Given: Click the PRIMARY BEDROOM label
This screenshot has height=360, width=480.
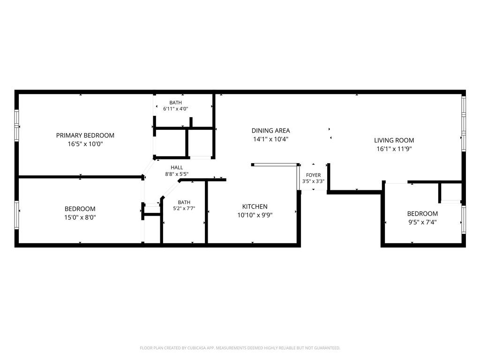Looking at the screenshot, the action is [x=85, y=135].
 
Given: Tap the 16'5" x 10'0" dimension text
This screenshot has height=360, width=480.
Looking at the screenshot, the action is [x=85, y=144].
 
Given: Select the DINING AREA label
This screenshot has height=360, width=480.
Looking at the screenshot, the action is [x=270, y=130].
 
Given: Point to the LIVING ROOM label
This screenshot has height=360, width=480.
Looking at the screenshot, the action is [x=394, y=140].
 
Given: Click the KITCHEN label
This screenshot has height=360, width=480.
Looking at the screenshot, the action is [x=255, y=207].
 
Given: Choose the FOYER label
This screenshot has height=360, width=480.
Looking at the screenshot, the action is [x=314, y=175].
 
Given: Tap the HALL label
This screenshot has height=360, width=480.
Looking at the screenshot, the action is [x=177, y=167].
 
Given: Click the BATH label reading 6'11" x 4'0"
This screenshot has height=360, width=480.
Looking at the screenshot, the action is [x=175, y=103].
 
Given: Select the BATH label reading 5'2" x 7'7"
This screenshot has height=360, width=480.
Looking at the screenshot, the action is [x=184, y=202].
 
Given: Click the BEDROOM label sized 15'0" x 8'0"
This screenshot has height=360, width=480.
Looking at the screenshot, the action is [x=80, y=209].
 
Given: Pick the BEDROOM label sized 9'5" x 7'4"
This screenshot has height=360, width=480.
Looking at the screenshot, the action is [x=422, y=214].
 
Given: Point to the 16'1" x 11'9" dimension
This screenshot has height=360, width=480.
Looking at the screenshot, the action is [x=394, y=149].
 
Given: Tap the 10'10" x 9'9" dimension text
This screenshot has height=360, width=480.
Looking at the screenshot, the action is [x=255, y=215].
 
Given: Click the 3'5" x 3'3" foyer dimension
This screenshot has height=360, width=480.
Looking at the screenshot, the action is [x=314, y=181].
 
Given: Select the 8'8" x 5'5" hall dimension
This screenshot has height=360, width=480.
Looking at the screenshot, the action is [x=177, y=174].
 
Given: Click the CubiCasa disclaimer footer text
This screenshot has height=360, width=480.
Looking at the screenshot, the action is [x=240, y=348].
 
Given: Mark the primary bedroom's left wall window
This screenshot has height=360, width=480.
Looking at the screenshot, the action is [x=17, y=126].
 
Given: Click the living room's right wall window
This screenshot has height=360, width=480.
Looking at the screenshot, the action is [x=464, y=123].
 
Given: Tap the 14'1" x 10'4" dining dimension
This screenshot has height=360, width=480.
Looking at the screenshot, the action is [x=270, y=139].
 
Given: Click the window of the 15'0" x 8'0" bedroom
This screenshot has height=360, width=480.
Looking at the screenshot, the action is [x=17, y=215].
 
